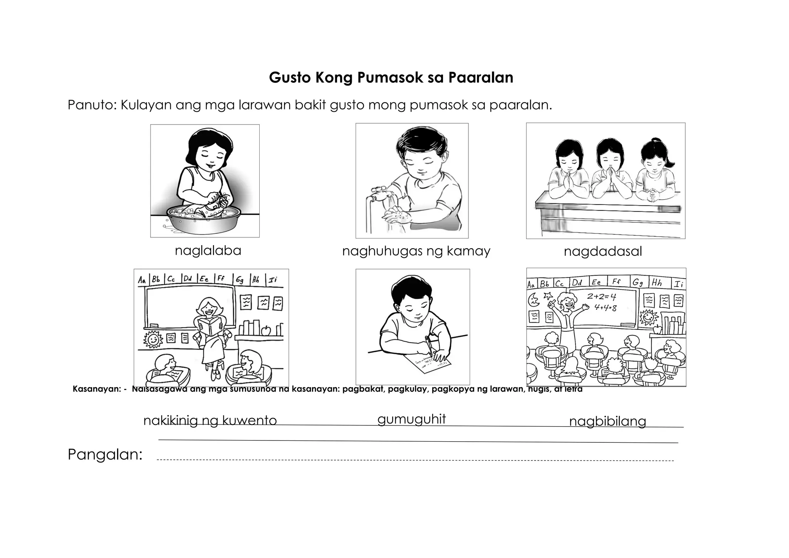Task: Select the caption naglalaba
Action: click(208, 251)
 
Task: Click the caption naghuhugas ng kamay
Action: click(416, 252)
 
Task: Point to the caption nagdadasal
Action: click(603, 252)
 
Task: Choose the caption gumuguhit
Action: click(411, 419)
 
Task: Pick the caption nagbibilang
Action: click(607, 421)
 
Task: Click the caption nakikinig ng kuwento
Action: click(210, 420)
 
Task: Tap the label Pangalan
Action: click(105, 455)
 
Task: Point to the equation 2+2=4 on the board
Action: click(601, 297)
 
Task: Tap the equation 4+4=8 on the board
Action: click(605, 308)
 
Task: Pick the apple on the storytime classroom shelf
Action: click(266, 330)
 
